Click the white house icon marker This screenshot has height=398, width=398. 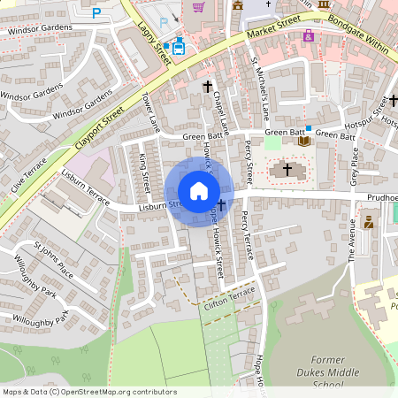(x=199, y=191)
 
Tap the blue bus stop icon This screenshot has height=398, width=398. (x=180, y=46)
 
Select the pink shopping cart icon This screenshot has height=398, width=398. (x=198, y=7)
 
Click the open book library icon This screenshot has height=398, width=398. (x=304, y=140)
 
